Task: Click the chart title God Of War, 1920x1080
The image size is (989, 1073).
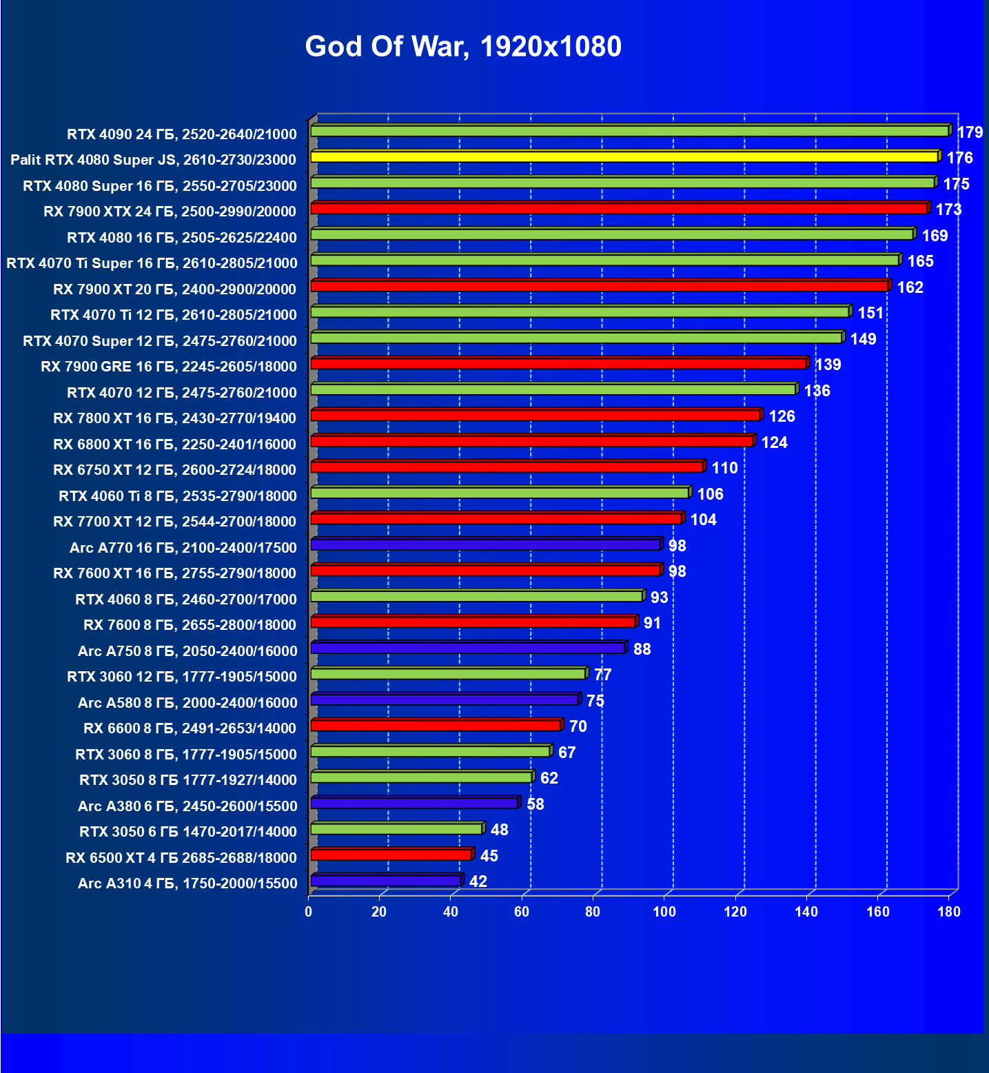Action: point(463,47)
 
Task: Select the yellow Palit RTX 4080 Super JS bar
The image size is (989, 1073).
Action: point(624,157)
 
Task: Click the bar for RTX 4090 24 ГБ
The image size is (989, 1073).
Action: point(629,131)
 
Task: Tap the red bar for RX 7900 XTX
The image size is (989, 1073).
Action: point(619,209)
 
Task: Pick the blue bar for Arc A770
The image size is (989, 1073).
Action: point(485,545)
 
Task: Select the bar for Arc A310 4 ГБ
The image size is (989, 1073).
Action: point(385,881)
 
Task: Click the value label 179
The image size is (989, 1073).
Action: point(970,132)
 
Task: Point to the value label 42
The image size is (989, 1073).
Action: point(478,881)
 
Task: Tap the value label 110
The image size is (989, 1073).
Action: point(724,468)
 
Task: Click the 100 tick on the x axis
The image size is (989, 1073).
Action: point(664,912)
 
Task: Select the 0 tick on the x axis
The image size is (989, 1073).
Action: point(308,912)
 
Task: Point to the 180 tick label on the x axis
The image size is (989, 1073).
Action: point(949,912)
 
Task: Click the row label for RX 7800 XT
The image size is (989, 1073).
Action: point(174,418)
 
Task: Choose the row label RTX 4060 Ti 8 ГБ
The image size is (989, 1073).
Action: point(177,496)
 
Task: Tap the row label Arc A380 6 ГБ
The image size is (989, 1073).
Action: point(187,806)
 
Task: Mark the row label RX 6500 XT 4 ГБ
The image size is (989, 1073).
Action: point(181,858)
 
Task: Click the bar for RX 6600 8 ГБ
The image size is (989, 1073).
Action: point(436,726)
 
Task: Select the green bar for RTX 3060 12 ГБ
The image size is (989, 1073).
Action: point(448,674)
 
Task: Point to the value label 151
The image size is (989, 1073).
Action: point(870,313)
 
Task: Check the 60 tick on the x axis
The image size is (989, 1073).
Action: point(522,912)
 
